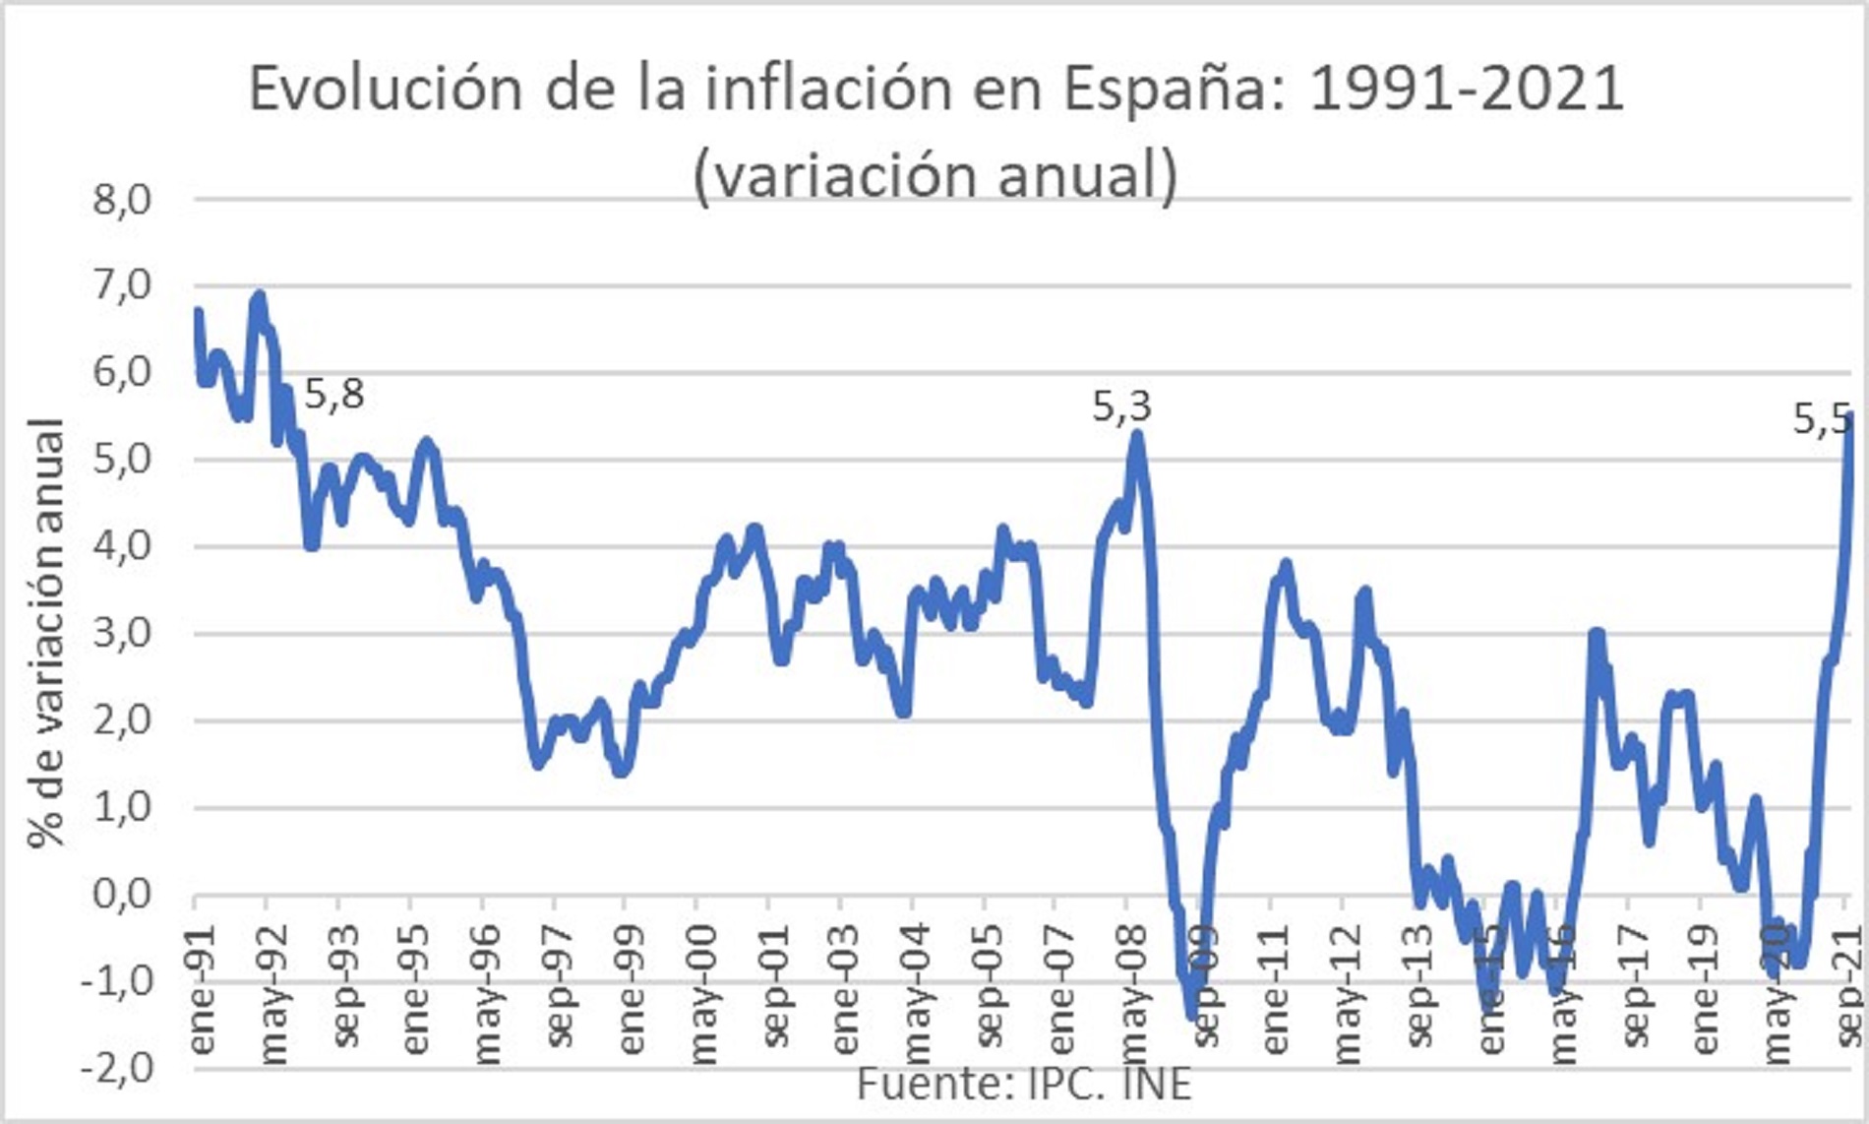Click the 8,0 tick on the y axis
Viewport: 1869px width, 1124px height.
[121, 201]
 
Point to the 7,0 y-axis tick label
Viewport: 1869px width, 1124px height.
[121, 287]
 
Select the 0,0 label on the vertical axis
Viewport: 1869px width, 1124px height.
[121, 895]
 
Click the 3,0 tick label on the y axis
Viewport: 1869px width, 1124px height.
[121, 634]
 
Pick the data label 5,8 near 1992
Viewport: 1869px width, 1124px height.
[334, 395]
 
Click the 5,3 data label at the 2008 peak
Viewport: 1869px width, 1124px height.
[1121, 407]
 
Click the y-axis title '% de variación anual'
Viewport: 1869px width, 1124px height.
[46, 634]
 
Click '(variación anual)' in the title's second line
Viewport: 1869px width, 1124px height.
[934, 175]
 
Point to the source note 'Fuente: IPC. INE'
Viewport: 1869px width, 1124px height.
[1024, 1085]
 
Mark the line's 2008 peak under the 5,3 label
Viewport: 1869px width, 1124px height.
[1137, 433]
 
